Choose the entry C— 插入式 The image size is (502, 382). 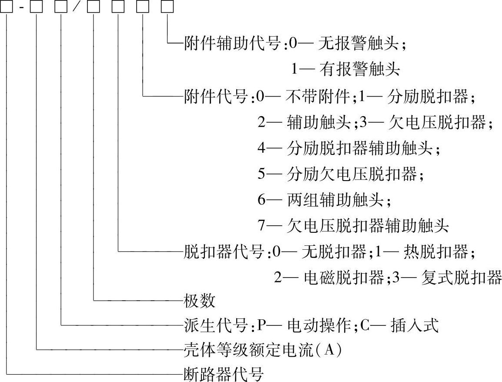pos(399,325)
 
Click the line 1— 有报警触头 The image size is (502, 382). pos(345,69)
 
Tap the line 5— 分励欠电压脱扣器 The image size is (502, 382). pos(340,174)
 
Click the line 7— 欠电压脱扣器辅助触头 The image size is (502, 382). pos(352,226)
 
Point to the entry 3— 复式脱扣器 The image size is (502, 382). pos(447,277)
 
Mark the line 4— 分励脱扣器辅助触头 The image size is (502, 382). pos(348,149)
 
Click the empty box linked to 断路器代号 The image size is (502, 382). pos(7,7)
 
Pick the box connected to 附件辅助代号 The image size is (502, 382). pos(168,7)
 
